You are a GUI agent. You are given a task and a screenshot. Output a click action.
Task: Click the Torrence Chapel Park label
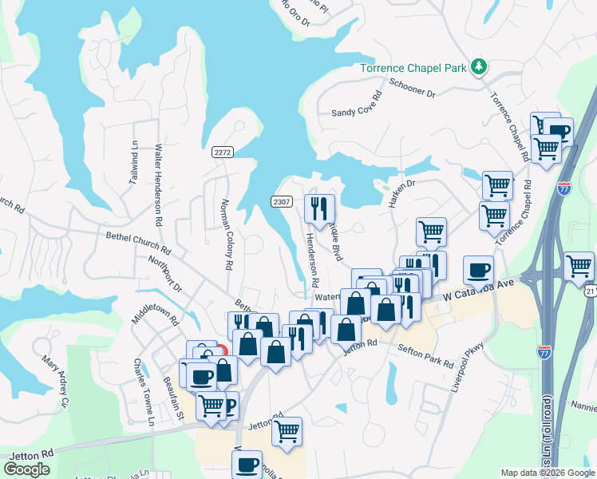click(413, 68)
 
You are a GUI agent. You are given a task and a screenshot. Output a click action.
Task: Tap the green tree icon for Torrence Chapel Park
click(479, 66)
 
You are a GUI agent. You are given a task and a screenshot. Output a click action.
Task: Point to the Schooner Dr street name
click(412, 88)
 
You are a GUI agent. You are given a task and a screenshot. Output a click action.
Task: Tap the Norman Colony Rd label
click(226, 232)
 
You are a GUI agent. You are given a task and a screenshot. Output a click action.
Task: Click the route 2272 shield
click(223, 152)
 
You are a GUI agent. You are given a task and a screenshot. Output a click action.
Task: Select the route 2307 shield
click(281, 201)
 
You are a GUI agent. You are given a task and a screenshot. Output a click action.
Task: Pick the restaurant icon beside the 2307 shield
click(319, 208)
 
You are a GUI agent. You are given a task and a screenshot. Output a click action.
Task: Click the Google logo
click(26, 469)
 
